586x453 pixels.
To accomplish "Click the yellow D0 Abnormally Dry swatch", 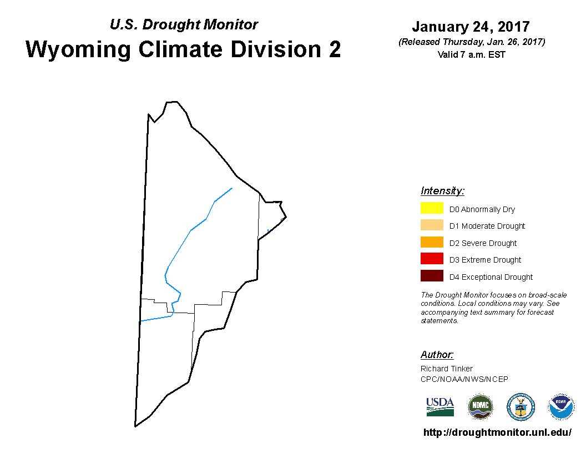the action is [432, 208].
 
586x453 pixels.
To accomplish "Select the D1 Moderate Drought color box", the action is [432, 225].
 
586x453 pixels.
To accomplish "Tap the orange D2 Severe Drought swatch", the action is [432, 242].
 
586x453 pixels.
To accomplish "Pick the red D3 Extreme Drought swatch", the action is [432, 259].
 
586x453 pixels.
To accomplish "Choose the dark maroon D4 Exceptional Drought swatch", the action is [432, 275].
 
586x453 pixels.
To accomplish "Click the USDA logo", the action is [440, 407].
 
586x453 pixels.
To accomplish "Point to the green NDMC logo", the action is [481, 407].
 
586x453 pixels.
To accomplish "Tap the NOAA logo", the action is [561, 407].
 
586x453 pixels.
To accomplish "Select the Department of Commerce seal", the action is [521, 407].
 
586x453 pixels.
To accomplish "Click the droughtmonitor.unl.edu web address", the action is [497, 432].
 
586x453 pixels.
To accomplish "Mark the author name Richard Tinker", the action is [447, 369].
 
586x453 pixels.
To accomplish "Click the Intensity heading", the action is [442, 191].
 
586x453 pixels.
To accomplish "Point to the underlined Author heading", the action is [437, 355].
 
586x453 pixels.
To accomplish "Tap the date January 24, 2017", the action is [471, 27].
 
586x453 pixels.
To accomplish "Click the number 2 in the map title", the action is [335, 49].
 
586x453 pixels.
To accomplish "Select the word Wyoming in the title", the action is [78, 50].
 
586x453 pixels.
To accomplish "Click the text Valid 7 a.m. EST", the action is [471, 54].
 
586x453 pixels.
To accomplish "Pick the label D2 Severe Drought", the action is [483, 243].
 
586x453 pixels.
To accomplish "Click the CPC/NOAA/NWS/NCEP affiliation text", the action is [464, 379].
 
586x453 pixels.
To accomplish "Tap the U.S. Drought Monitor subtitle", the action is [184, 24].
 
